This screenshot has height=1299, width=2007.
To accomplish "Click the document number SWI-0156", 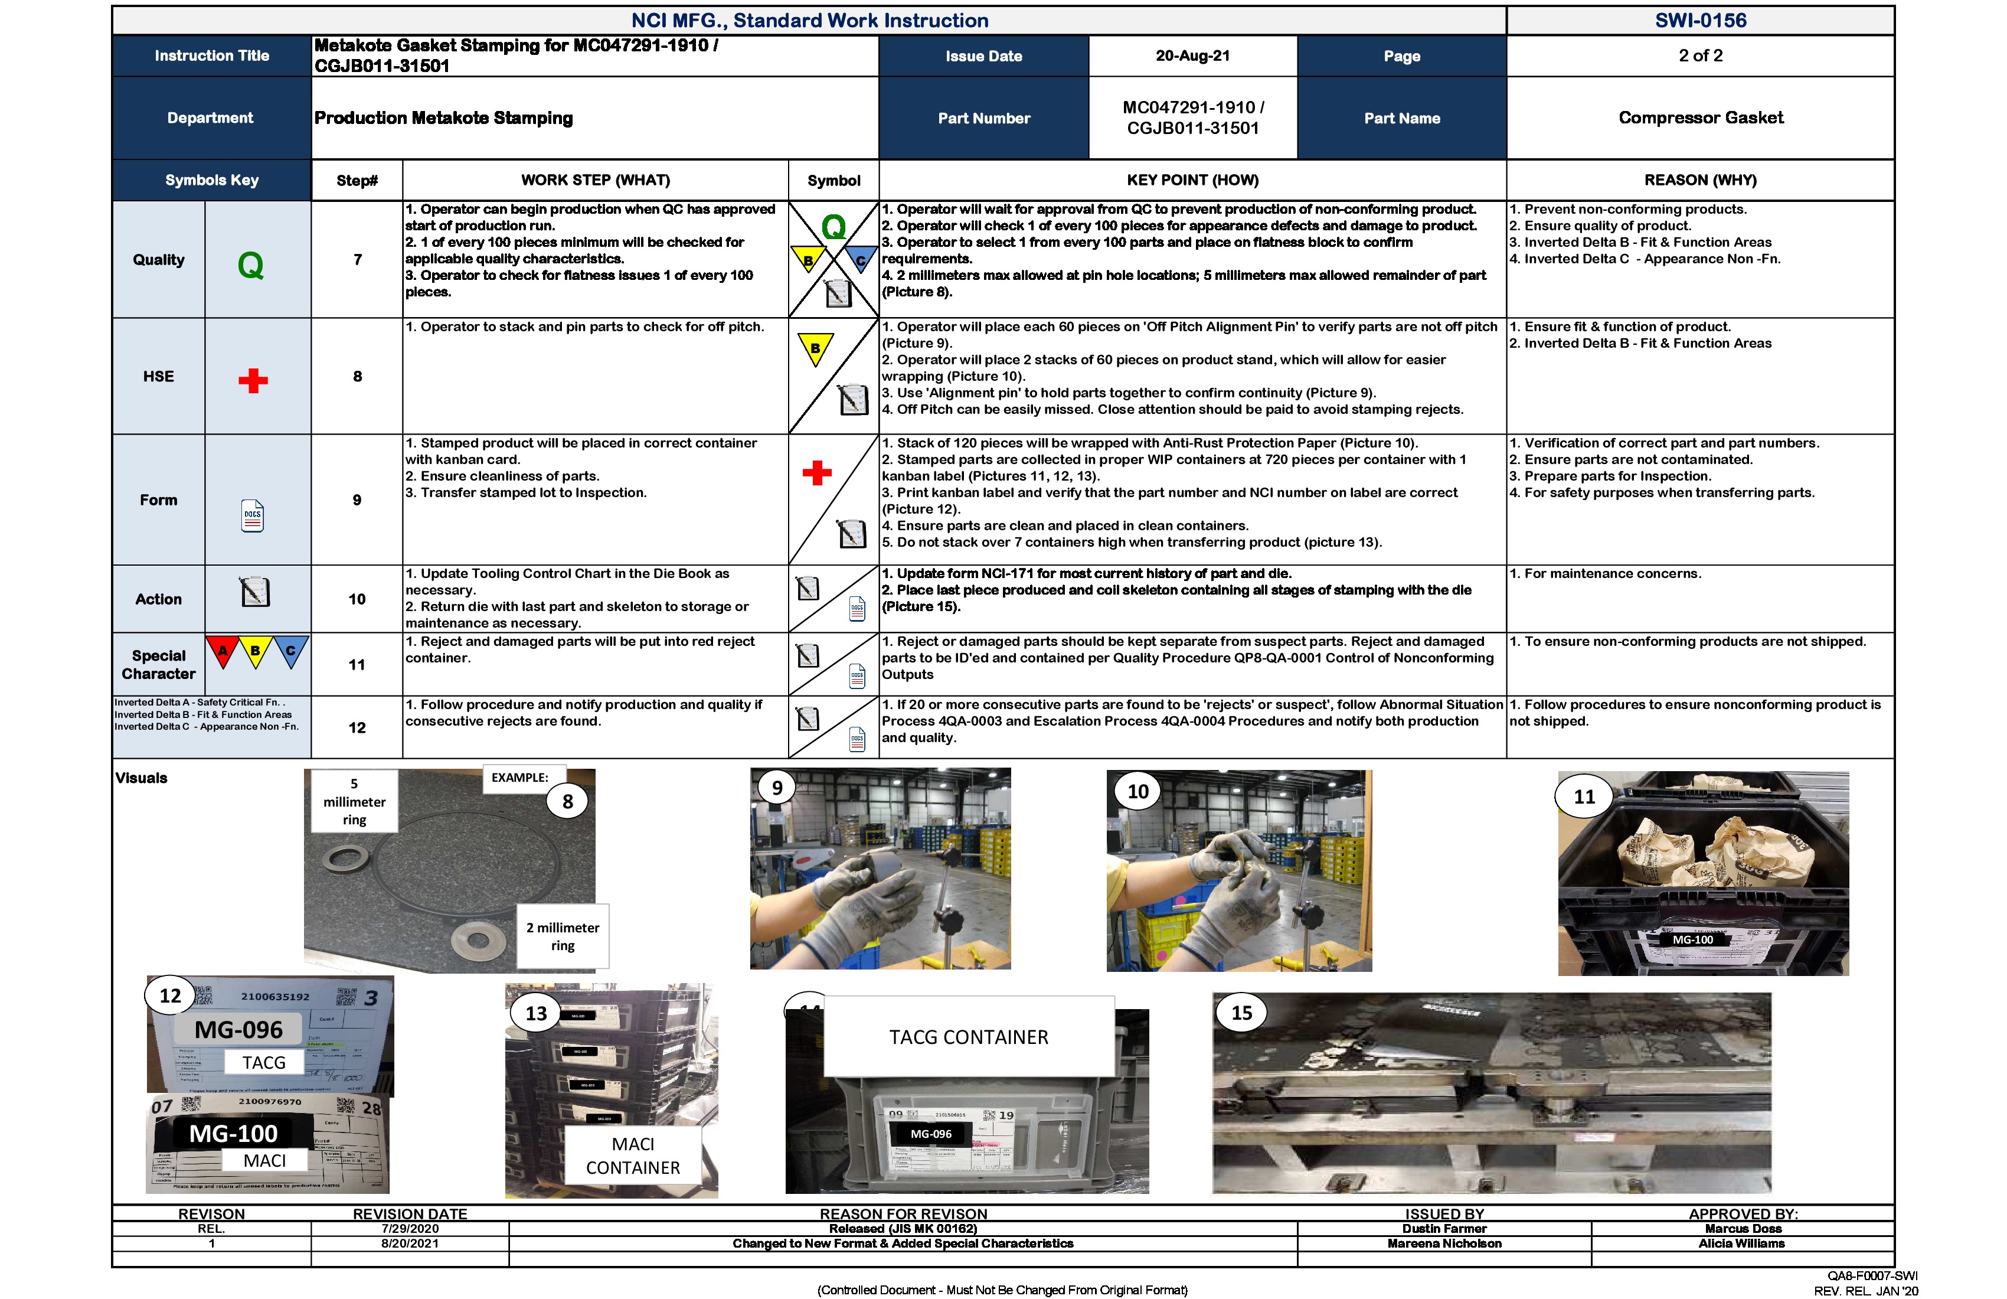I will pyautogui.click(x=1700, y=20).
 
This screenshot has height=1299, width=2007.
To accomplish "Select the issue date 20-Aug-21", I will pyautogui.click(x=1192, y=56).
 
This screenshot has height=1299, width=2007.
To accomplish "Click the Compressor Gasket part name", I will pyautogui.click(x=1700, y=118).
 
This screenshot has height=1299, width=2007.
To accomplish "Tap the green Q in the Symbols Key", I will pyautogui.click(x=250, y=266).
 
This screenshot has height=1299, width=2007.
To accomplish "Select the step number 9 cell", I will pyautogui.click(x=357, y=500).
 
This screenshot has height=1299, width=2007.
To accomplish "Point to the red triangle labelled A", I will pyautogui.click(x=223, y=652).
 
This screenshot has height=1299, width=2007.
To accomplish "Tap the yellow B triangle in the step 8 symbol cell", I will pyautogui.click(x=815, y=348).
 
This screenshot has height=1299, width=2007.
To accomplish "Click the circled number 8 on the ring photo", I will pyautogui.click(x=567, y=801).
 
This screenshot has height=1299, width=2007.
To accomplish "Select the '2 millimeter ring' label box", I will pyautogui.click(x=563, y=936).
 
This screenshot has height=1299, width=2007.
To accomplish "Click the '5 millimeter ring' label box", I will pyautogui.click(x=354, y=801).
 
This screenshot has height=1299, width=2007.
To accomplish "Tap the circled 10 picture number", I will pyautogui.click(x=1137, y=791).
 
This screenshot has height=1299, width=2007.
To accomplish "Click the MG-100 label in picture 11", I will pyautogui.click(x=1692, y=939).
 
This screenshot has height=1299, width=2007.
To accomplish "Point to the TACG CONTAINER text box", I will pyautogui.click(x=969, y=1037).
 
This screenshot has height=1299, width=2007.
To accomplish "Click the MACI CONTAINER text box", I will pyautogui.click(x=632, y=1156).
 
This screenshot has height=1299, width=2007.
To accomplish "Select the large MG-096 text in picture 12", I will pyautogui.click(x=238, y=1030).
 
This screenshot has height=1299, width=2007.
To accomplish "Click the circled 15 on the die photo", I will pyautogui.click(x=1241, y=1013).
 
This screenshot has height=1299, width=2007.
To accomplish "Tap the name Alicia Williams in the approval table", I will pyautogui.click(x=1741, y=1243).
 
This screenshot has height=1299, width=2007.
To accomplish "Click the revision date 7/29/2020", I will pyautogui.click(x=410, y=1229).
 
